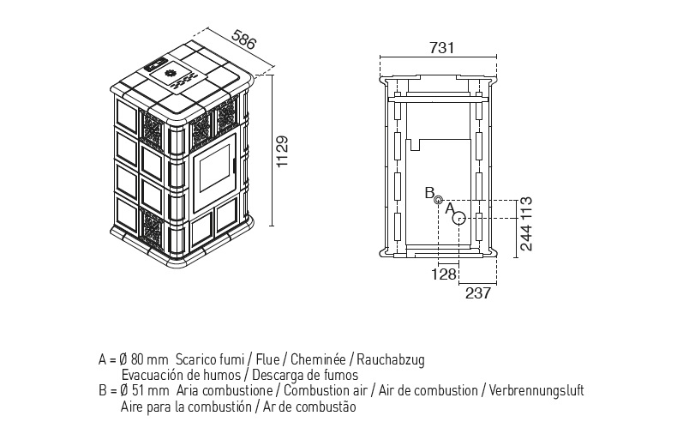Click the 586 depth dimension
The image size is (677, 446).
pos(244,39)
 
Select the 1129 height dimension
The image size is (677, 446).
pos(282,152)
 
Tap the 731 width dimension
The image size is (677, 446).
pos(442,47)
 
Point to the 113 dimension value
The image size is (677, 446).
pos(526,207)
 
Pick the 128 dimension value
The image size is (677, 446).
pos(444,274)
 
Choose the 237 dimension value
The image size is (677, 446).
pos(478,293)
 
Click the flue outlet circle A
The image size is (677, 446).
pos(459,219)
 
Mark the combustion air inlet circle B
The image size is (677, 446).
pos(438,200)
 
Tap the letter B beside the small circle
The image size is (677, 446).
pos(429,193)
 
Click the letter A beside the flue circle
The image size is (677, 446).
pos(449,208)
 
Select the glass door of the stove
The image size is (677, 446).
pos(213,173)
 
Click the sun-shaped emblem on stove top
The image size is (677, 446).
pos(170,73)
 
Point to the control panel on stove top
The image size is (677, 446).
pos(156,63)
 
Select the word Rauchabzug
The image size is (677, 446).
pos(390,360)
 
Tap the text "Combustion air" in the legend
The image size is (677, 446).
pos(326,391)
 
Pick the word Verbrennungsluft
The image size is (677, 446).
pos(536,391)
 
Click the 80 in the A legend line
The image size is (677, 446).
pos(136,359)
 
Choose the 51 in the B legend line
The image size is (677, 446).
pos(137,391)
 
